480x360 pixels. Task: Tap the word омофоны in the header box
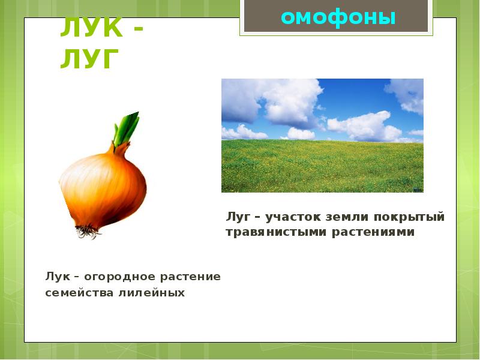(338, 17)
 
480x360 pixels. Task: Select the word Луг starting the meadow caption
(238, 216)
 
